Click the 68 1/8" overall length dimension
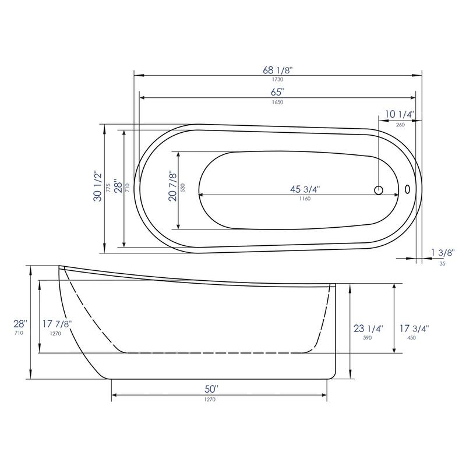(277, 69)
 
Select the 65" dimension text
(277, 92)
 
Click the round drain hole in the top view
(379, 190)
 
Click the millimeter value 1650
(277, 102)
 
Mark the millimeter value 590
(368, 337)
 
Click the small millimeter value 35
(442, 263)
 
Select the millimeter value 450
(411, 337)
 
